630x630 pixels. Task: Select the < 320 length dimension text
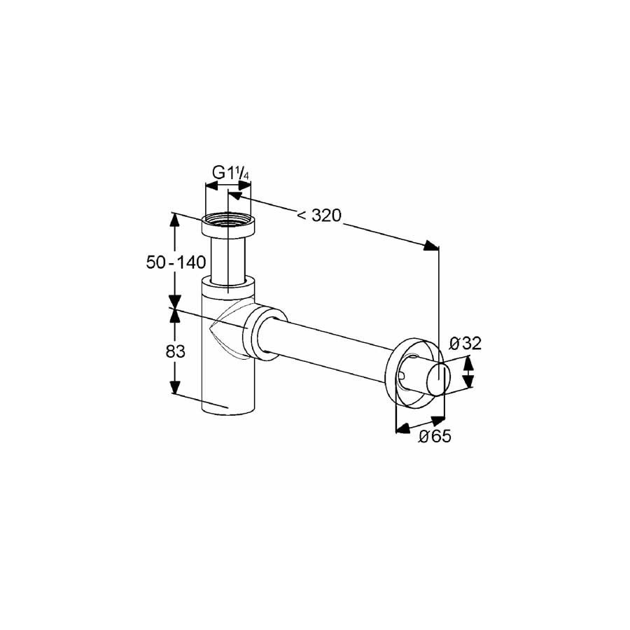tap(318, 216)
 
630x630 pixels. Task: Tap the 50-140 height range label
tap(176, 262)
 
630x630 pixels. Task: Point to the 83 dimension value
tap(176, 352)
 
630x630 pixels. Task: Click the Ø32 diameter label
tap(465, 344)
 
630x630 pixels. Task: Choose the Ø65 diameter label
tap(435, 436)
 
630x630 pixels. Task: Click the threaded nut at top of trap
tap(227, 226)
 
